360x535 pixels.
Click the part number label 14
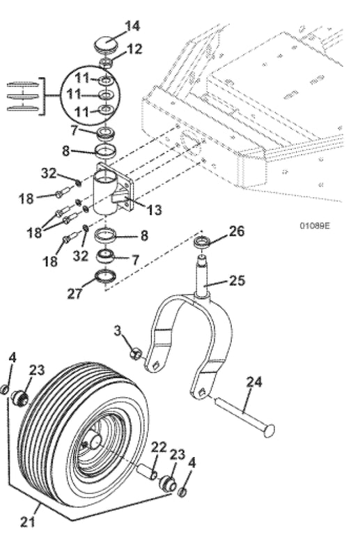point(132,26)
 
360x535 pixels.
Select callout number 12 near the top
point(134,49)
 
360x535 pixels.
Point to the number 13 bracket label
point(154,210)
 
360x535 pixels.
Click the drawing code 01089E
point(315,226)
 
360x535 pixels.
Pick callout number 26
point(237,231)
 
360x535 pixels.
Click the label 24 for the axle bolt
point(254,382)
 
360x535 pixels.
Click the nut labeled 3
point(136,354)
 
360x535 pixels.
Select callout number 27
point(75,293)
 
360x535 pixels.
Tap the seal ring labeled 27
point(105,276)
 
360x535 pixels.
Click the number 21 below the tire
point(28,522)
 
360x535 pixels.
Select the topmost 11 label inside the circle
point(82,79)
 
